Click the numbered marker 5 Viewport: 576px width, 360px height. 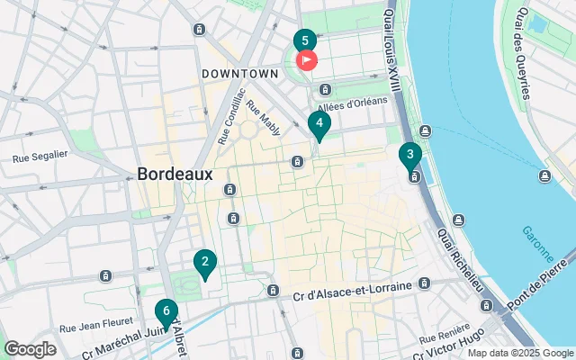[304, 41]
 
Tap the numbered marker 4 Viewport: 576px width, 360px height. [319, 124]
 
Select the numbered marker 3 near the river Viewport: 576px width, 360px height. [410, 155]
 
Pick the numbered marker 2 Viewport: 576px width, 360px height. [205, 263]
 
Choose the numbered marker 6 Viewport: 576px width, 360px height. [166, 311]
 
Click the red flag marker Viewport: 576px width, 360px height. [307, 61]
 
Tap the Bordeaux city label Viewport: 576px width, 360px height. [175, 174]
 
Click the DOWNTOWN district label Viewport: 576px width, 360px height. [239, 73]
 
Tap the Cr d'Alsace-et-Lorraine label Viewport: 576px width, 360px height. [353, 285]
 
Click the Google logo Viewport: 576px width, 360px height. [30, 349]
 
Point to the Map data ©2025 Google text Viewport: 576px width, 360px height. [519, 353]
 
